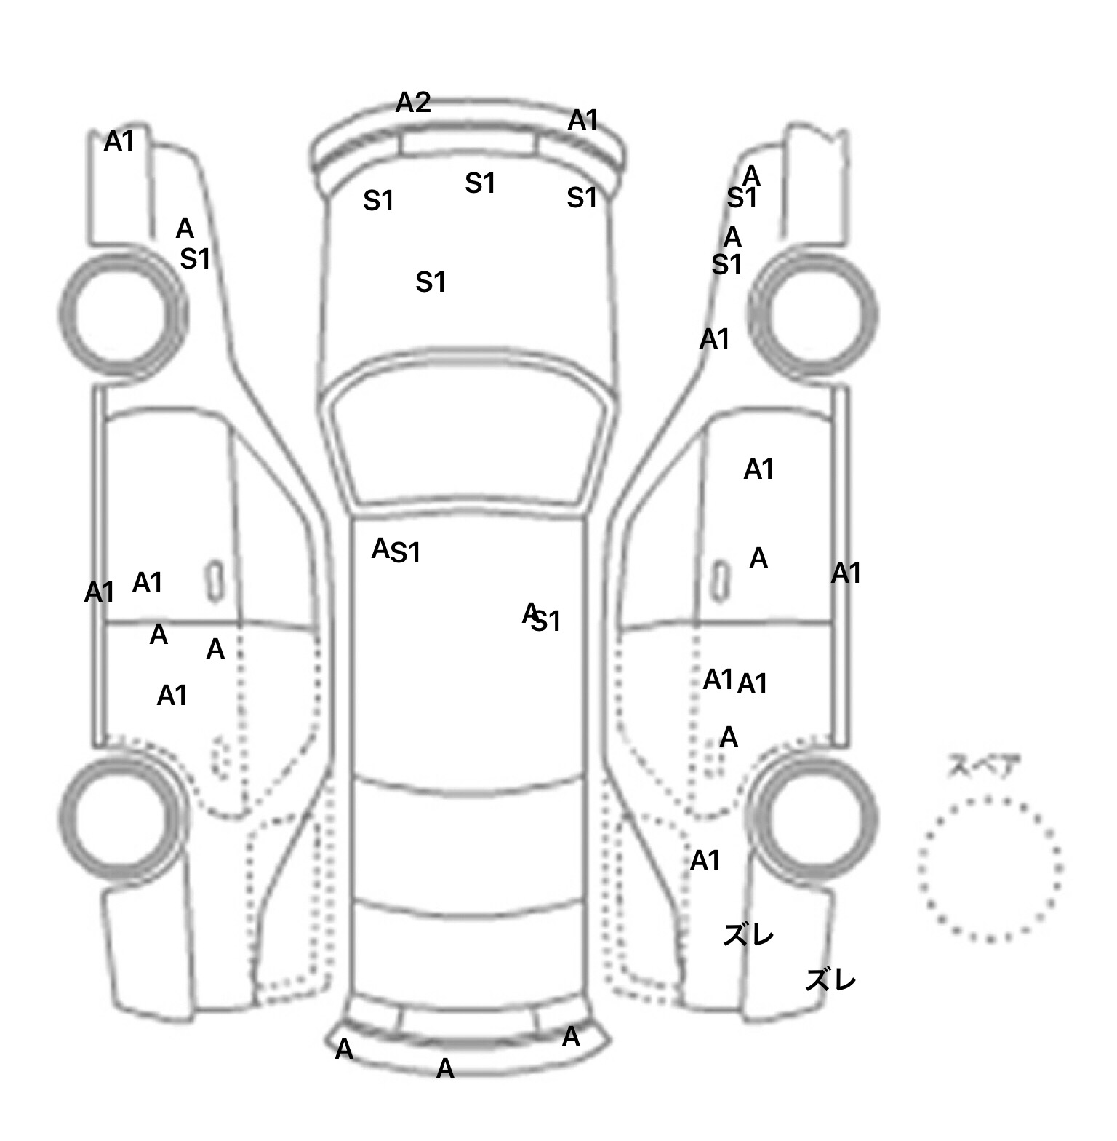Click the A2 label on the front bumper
[x=413, y=103]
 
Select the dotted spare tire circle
[x=990, y=868]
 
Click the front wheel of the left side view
[x=122, y=314]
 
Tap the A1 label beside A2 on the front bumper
[x=582, y=120]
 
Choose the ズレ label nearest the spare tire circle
[x=830, y=980]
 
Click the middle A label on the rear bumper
[x=445, y=1069]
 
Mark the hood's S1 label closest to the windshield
[x=431, y=282]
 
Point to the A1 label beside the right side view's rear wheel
[x=705, y=861]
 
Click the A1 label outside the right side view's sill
[x=846, y=573]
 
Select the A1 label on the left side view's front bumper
[x=119, y=141]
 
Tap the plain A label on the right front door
[x=758, y=558]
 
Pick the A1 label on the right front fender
[x=714, y=339]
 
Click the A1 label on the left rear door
[x=172, y=696]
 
